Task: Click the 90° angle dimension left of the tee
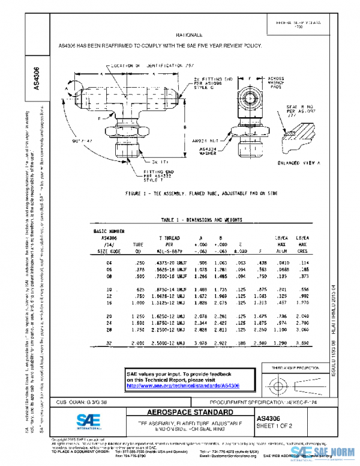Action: click(x=81, y=139)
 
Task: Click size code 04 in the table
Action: click(x=109, y=262)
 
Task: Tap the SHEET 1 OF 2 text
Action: click(x=275, y=426)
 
